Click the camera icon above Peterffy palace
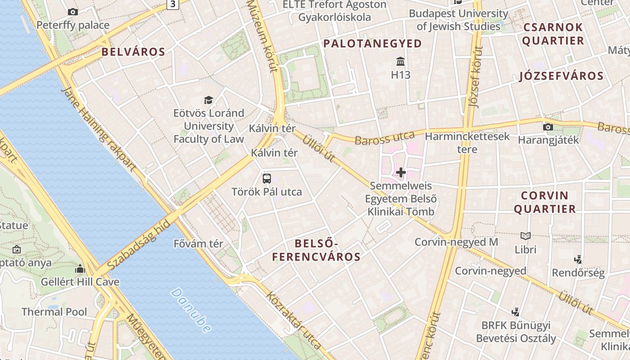(x=73, y=12)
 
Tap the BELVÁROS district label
(x=133, y=52)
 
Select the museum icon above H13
(x=400, y=61)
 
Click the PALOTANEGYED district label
(x=373, y=44)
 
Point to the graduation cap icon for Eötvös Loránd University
(x=208, y=100)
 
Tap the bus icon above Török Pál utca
(x=267, y=178)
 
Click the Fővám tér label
(x=198, y=244)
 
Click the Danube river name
(x=191, y=310)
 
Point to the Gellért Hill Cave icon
(x=80, y=269)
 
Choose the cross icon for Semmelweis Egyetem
(x=400, y=172)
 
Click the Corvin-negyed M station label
(x=456, y=242)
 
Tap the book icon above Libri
(x=525, y=236)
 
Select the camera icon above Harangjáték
(x=548, y=127)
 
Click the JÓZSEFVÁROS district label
(x=561, y=76)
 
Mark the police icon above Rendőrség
(x=578, y=259)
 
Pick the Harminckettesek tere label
(x=467, y=142)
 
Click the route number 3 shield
(x=173, y=4)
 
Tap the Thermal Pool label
(x=54, y=312)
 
